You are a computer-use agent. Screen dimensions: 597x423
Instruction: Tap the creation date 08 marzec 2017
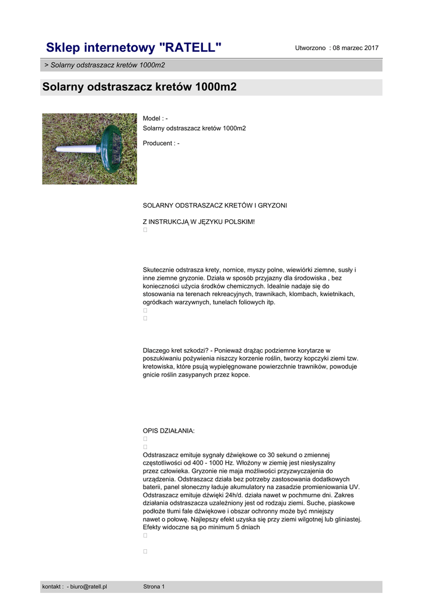tap(355, 48)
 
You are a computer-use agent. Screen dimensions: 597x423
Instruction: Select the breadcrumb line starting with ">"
tap(104, 65)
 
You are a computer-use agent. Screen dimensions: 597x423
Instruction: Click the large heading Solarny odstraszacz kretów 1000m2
tap(139, 87)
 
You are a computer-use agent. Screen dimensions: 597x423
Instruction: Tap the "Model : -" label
tap(155, 118)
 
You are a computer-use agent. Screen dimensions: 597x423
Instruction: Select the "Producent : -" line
tap(161, 143)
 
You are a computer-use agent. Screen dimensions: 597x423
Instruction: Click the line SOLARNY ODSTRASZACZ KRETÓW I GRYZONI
tap(215, 205)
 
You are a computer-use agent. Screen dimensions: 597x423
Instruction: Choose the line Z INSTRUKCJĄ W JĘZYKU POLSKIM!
tap(199, 222)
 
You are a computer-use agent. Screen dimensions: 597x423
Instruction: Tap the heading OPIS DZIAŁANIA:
tap(169, 431)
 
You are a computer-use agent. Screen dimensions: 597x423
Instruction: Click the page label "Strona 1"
tap(154, 587)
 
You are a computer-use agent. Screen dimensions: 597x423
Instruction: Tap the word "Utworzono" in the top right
tap(310, 48)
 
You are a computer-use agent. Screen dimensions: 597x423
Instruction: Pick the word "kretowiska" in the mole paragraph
tap(159, 367)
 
